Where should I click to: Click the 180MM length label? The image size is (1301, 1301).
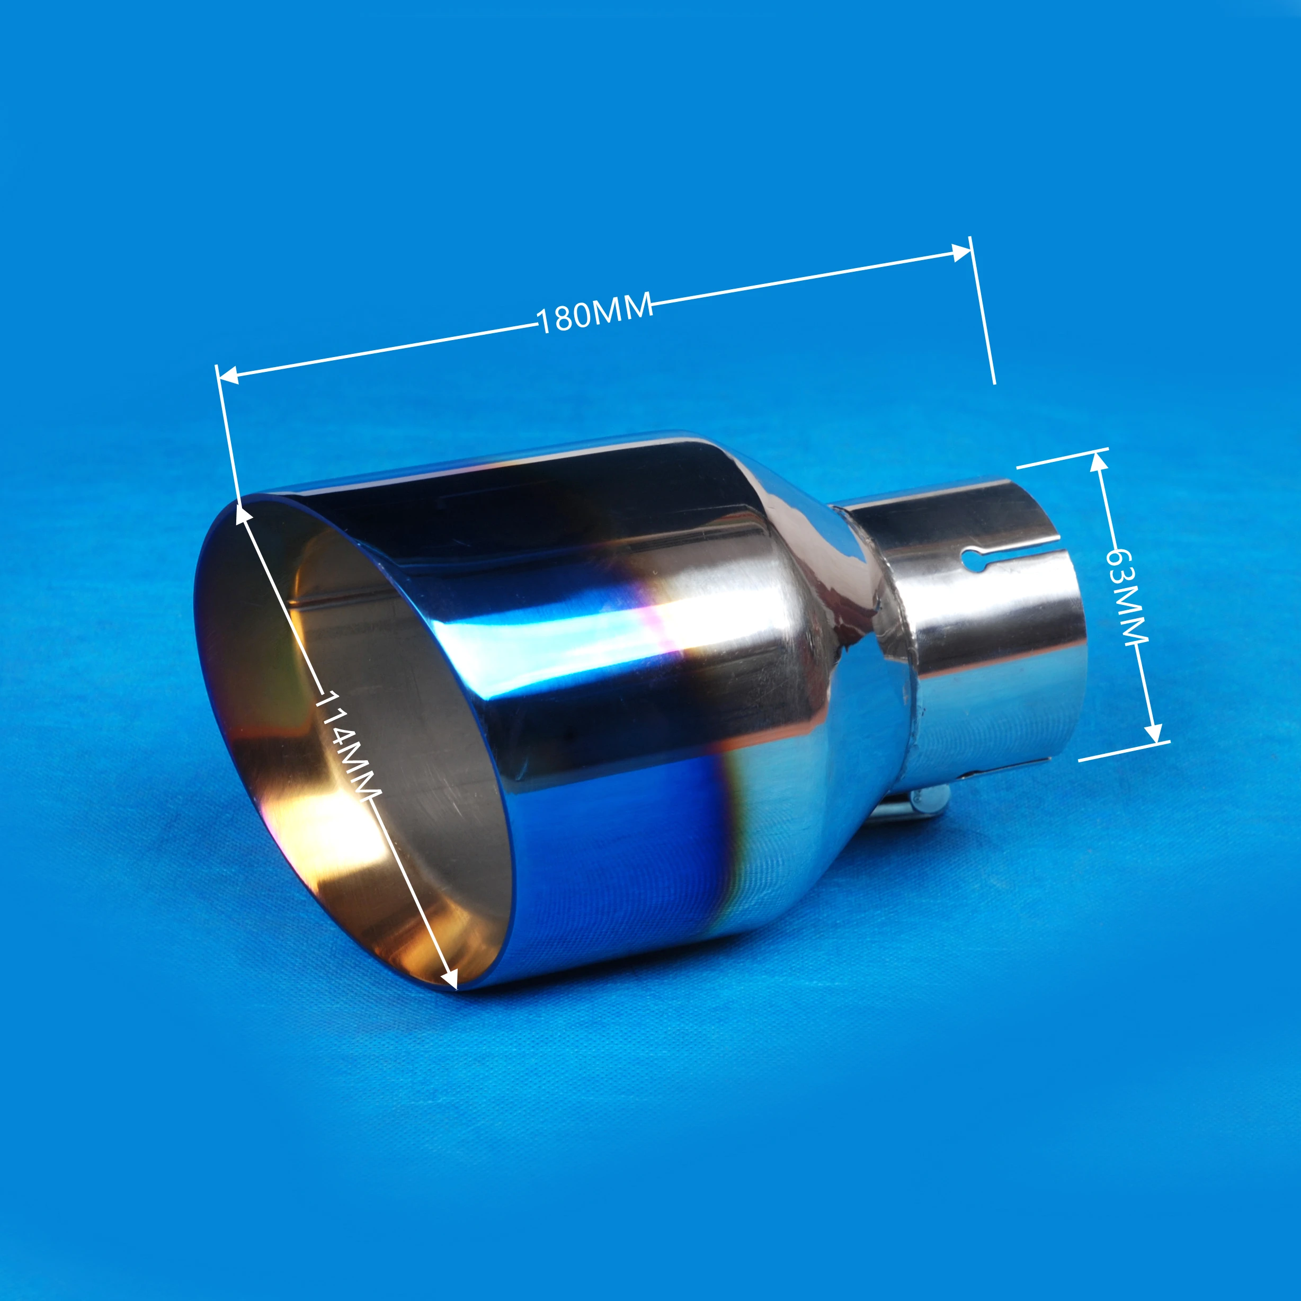[594, 312]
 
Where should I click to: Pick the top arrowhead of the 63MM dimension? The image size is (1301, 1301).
[1098, 461]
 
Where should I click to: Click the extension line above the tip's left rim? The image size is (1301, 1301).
[228, 431]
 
